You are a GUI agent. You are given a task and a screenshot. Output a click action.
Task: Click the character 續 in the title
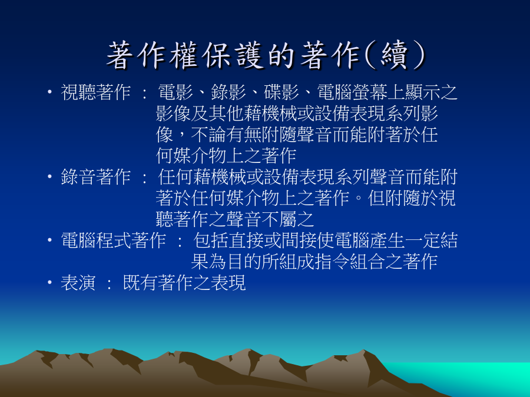click(x=394, y=55)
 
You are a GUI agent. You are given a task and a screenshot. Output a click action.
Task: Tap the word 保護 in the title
click(x=233, y=55)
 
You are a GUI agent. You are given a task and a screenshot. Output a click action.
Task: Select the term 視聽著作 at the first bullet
click(x=95, y=92)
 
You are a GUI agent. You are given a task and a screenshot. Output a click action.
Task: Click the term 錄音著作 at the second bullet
click(x=95, y=177)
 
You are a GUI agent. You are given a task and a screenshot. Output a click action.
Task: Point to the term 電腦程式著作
click(x=113, y=241)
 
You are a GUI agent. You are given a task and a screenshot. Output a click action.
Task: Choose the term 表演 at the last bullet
click(x=78, y=283)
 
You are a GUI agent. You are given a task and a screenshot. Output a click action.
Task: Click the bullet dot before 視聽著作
click(x=49, y=92)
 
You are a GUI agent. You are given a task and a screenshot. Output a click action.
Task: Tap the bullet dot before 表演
click(x=49, y=282)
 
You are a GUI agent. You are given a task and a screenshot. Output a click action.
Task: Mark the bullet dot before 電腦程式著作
click(x=49, y=240)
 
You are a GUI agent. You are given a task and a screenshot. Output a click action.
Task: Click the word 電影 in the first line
click(x=175, y=92)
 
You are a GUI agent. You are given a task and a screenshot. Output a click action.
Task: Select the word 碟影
click(x=281, y=92)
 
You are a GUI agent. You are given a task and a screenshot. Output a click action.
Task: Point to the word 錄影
click(x=228, y=92)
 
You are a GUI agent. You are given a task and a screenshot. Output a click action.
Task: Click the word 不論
click(x=208, y=135)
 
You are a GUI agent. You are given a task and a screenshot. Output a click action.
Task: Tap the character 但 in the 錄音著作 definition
click(x=376, y=198)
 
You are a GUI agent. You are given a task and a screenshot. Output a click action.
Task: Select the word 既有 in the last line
click(x=140, y=283)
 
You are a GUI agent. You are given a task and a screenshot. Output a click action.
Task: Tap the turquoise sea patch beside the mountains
click(x=473, y=376)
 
